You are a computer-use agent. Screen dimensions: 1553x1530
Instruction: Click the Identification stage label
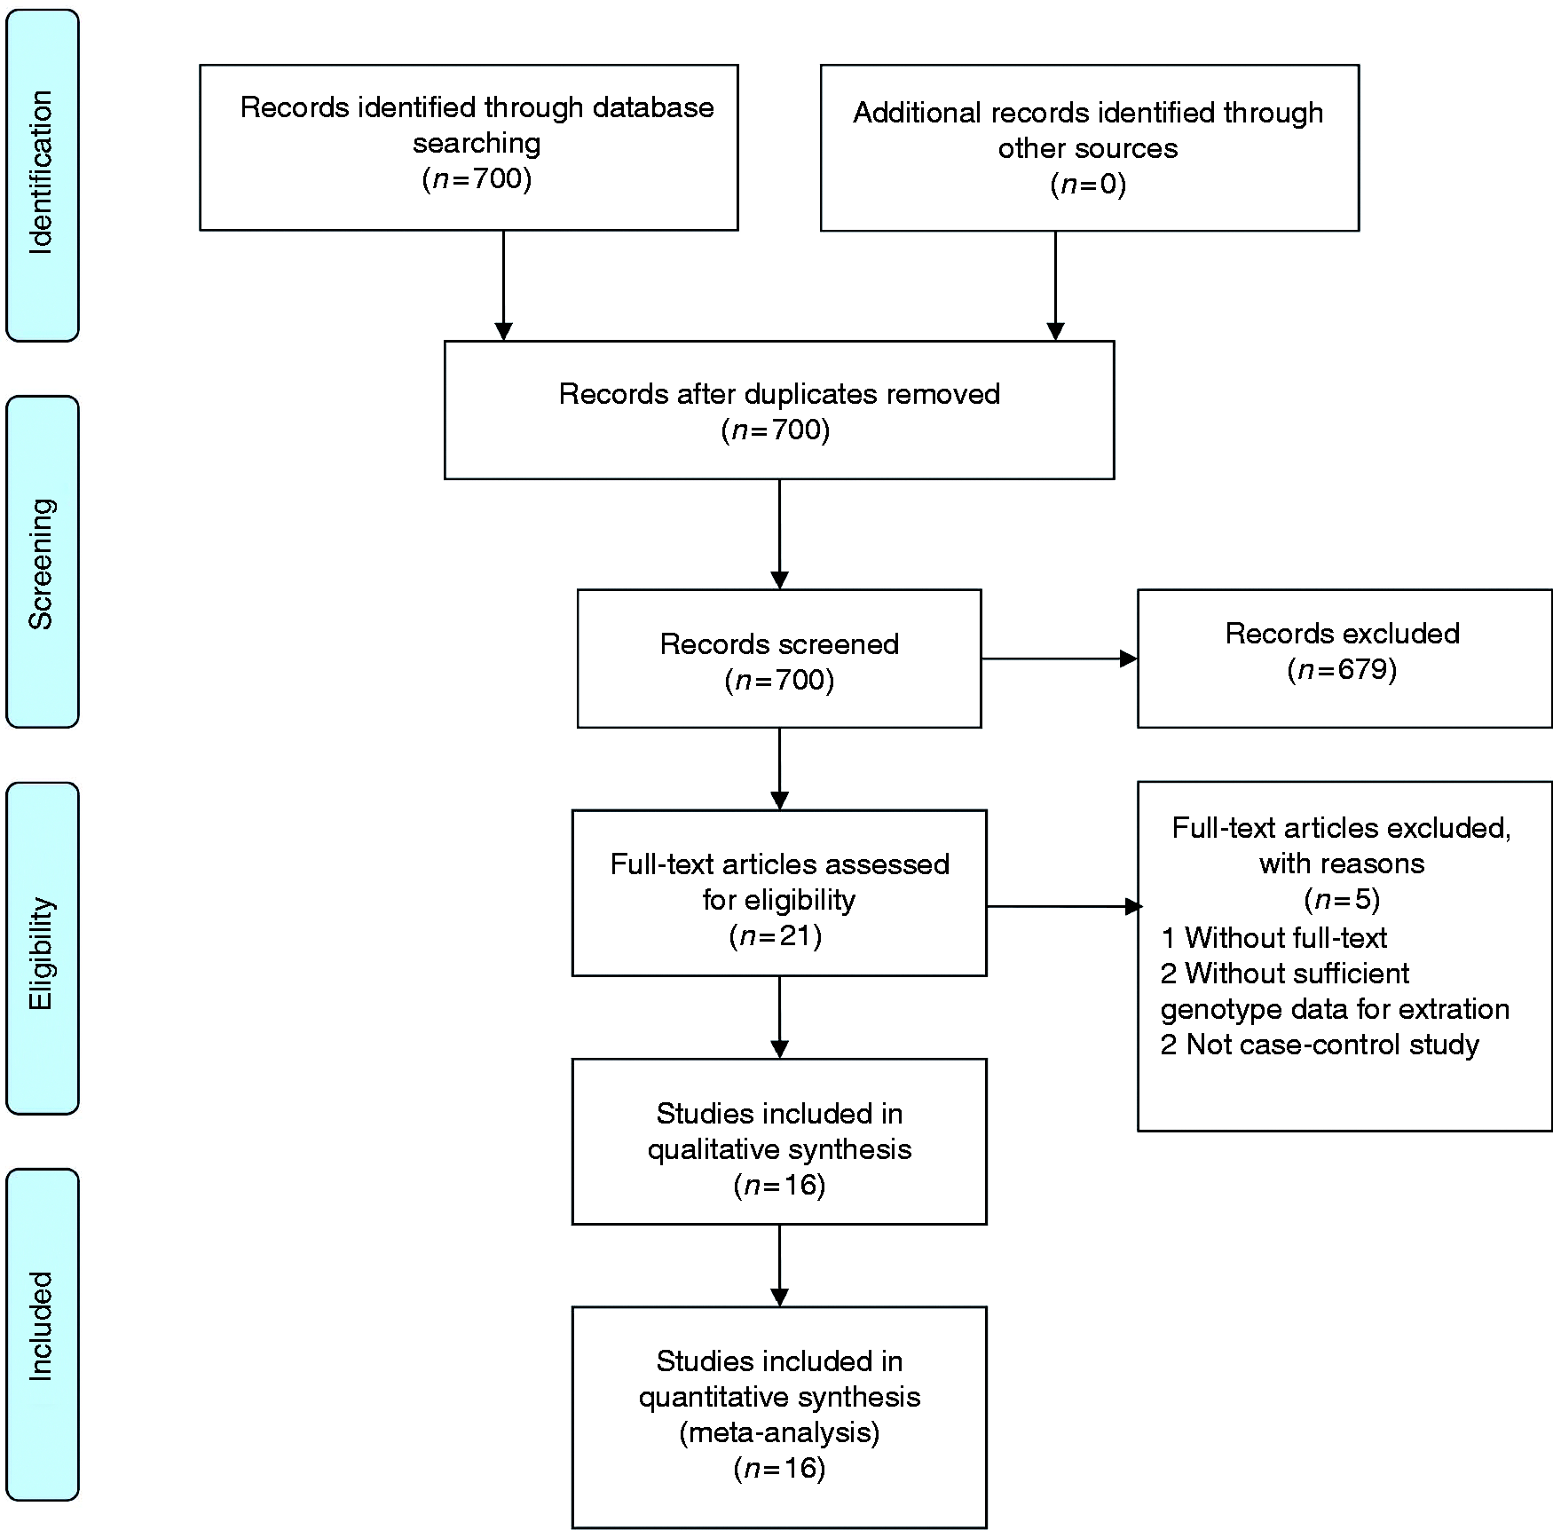point(41,173)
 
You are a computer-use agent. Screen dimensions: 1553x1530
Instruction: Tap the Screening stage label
point(41,564)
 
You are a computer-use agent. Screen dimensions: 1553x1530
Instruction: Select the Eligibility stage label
point(41,953)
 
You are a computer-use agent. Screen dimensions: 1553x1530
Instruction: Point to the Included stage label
point(41,1326)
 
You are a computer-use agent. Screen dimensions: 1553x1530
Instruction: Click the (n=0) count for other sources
point(1088,184)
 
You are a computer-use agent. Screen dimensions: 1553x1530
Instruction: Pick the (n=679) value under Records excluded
point(1342,669)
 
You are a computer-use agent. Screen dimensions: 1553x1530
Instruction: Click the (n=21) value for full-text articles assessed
point(776,936)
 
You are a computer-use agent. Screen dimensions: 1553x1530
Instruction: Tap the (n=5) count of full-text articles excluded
point(1342,900)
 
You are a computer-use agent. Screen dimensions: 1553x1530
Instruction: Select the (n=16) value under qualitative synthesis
point(779,1186)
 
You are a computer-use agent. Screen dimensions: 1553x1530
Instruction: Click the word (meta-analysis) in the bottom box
point(779,1432)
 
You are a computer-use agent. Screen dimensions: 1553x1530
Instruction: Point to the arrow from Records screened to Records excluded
point(1060,659)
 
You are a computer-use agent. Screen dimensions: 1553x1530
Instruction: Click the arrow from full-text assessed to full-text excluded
point(1065,906)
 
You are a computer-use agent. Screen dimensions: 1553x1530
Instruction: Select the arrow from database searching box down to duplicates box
point(503,286)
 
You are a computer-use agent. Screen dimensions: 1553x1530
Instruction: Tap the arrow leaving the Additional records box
point(1055,286)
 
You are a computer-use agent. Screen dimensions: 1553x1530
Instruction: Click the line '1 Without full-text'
point(1273,937)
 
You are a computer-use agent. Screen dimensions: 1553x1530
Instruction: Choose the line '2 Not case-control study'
point(1320,1045)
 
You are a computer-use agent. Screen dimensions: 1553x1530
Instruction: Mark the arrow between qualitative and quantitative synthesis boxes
point(779,1266)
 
